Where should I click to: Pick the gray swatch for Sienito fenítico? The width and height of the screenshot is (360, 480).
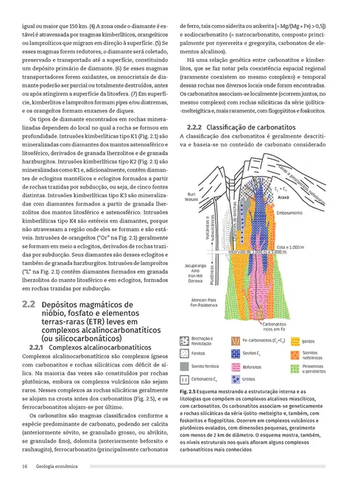pos(185,366)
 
